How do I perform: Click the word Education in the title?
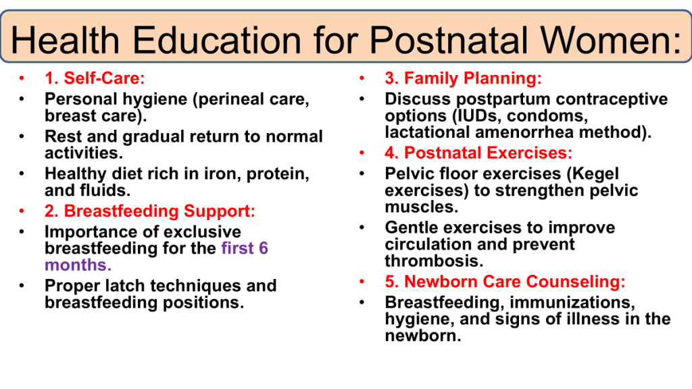217,40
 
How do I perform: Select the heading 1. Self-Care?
95,78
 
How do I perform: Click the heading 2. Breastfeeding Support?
150,211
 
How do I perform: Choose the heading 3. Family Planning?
464,78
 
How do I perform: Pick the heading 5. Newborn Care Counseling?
505,282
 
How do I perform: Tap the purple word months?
78,265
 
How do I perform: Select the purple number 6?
264,249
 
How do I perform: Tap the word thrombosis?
435,261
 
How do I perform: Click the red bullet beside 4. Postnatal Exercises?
362,153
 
